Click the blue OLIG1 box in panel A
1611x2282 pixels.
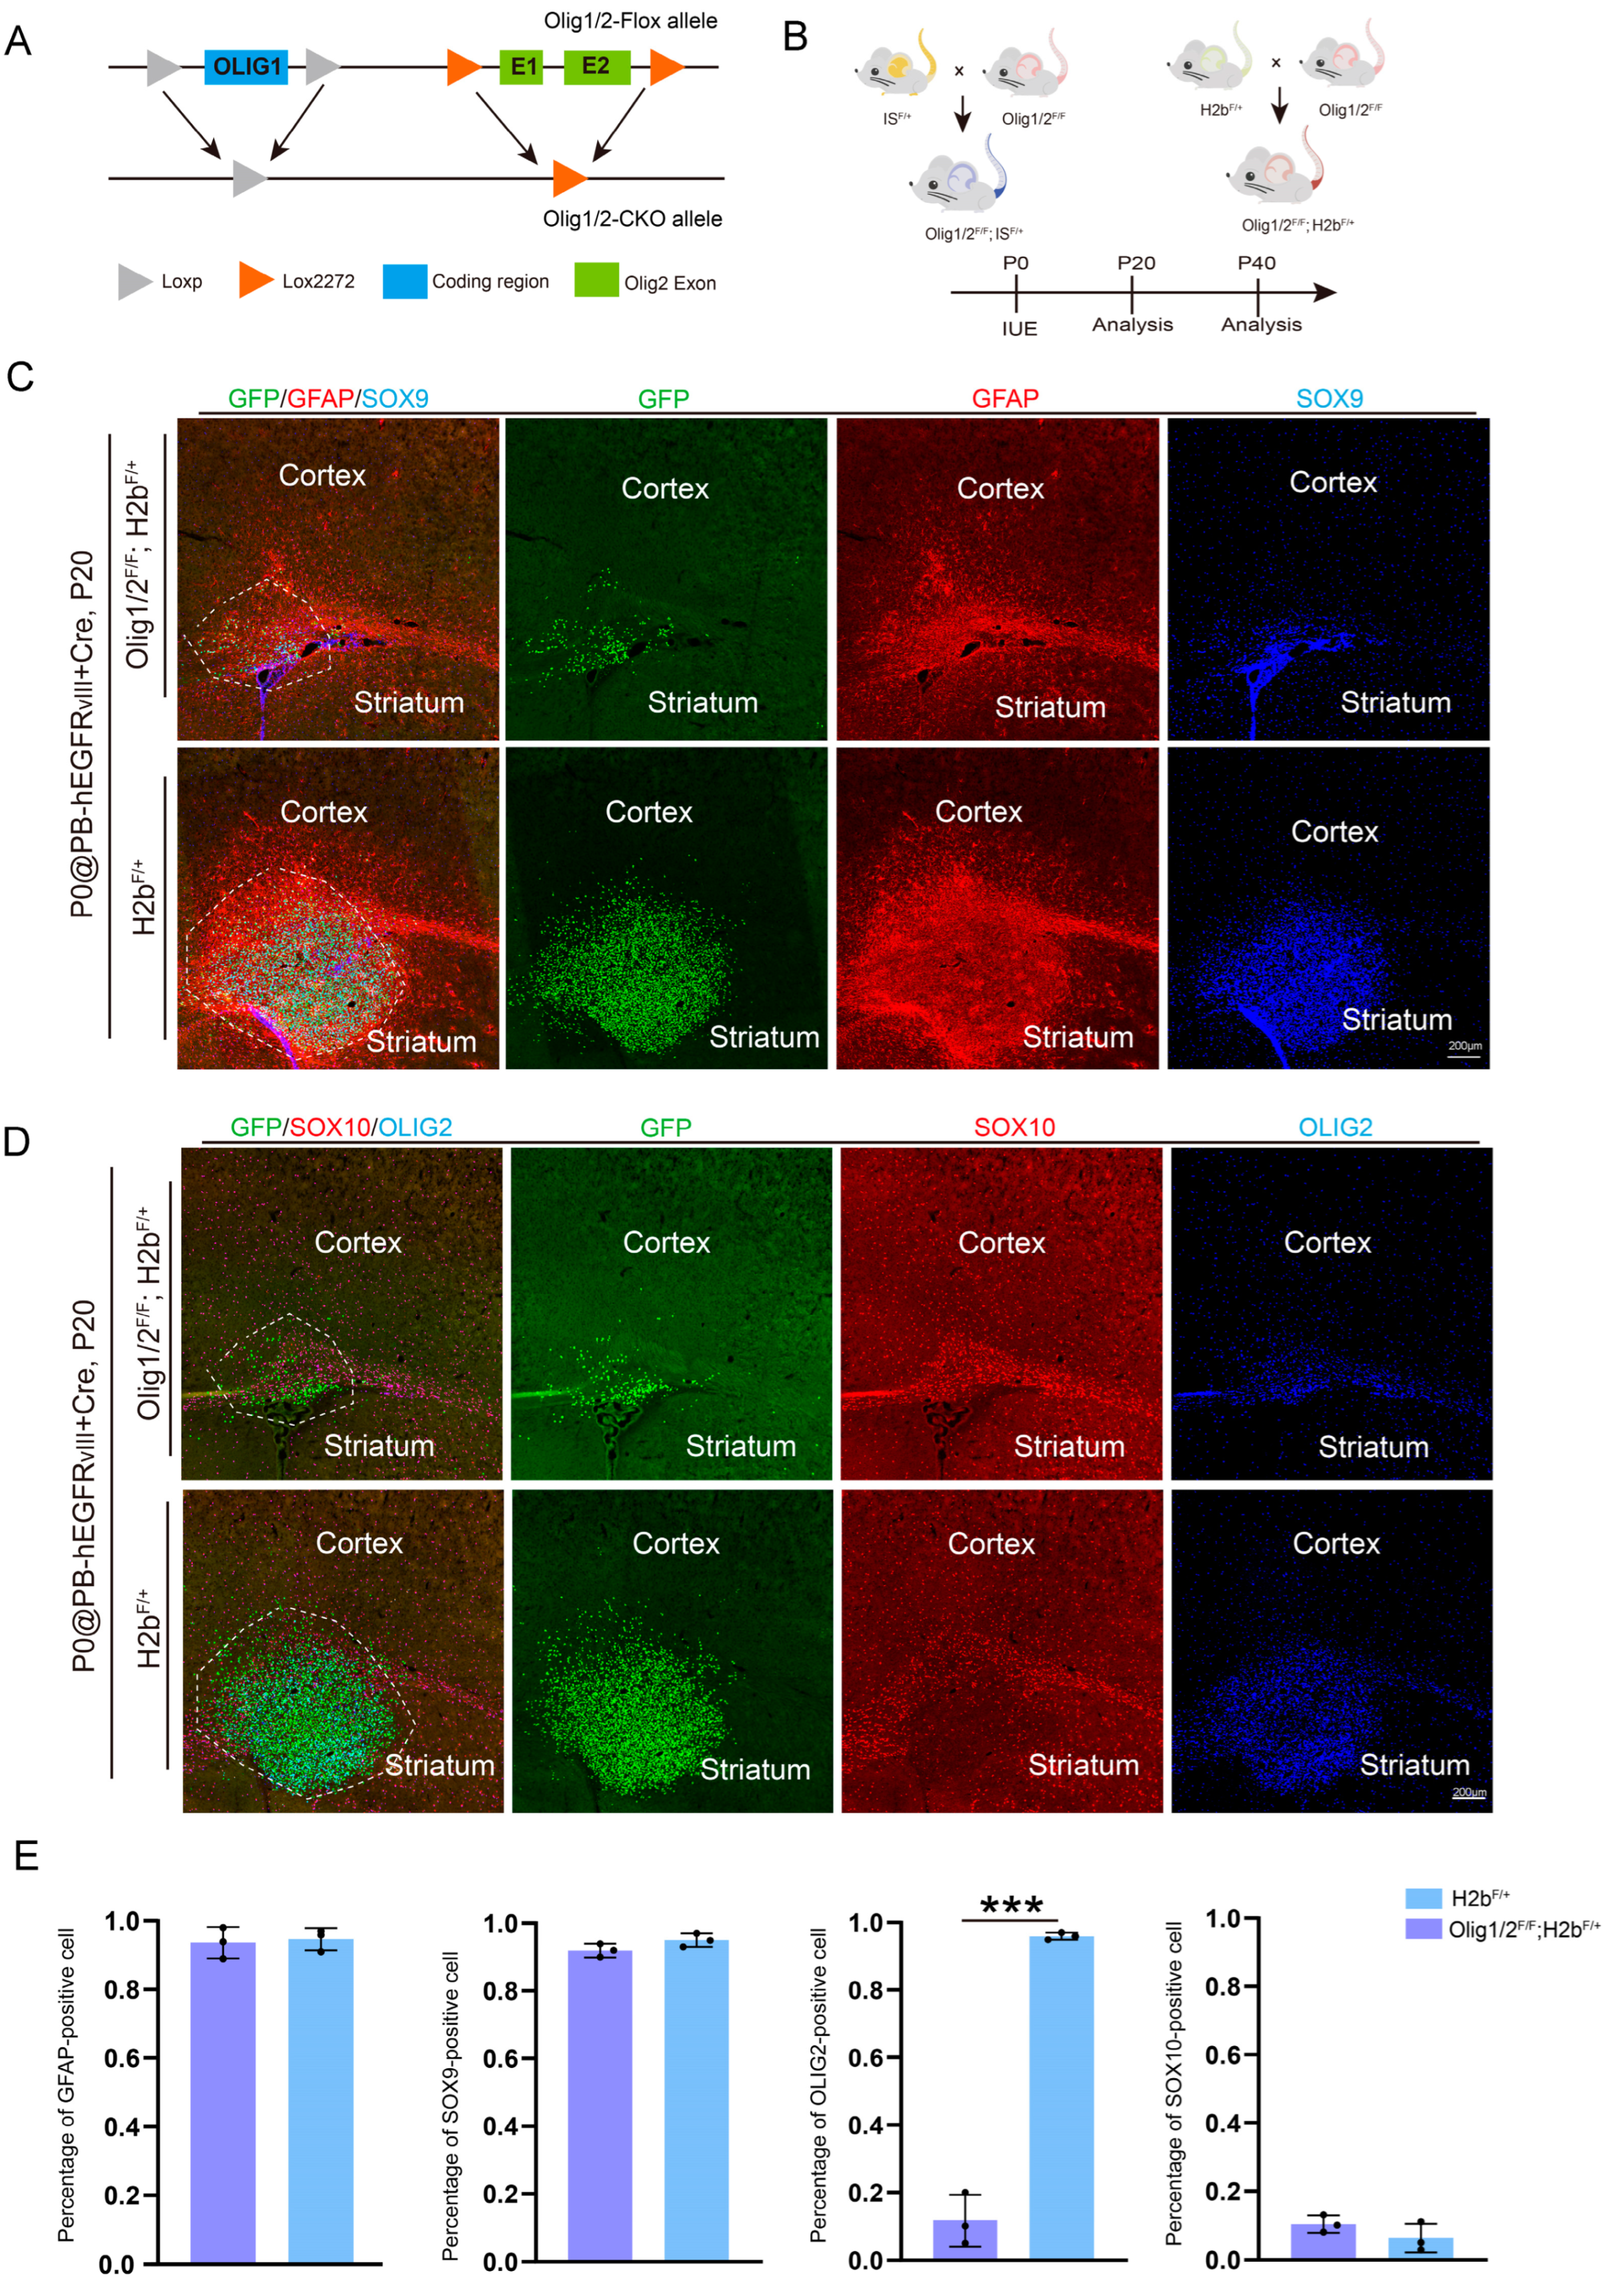247,66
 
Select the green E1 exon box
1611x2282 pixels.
522,66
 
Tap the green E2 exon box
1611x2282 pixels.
596,66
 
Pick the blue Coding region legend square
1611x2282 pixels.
404,282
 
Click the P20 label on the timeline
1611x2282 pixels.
1135,263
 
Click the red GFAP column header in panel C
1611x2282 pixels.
1005,398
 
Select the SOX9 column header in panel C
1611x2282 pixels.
1329,398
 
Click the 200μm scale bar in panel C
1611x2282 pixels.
1464,1056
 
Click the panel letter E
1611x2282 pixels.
26,1856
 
